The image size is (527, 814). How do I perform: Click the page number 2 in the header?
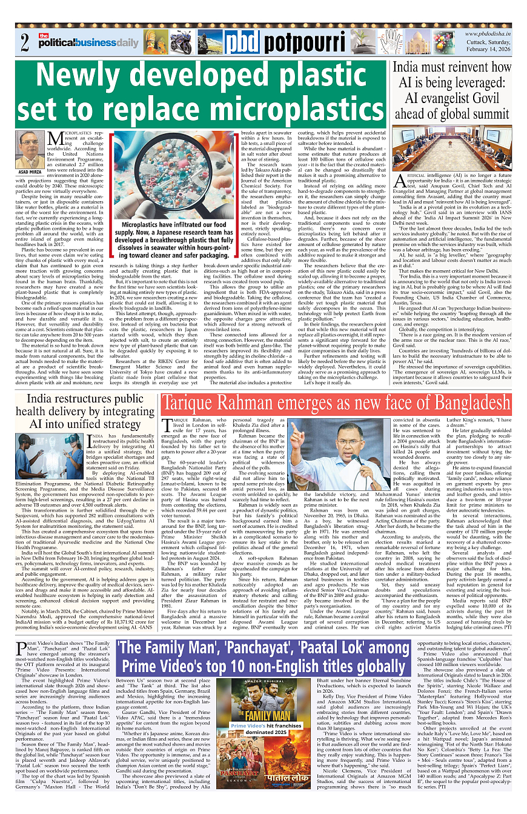25,43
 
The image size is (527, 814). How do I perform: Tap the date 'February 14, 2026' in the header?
489,54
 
